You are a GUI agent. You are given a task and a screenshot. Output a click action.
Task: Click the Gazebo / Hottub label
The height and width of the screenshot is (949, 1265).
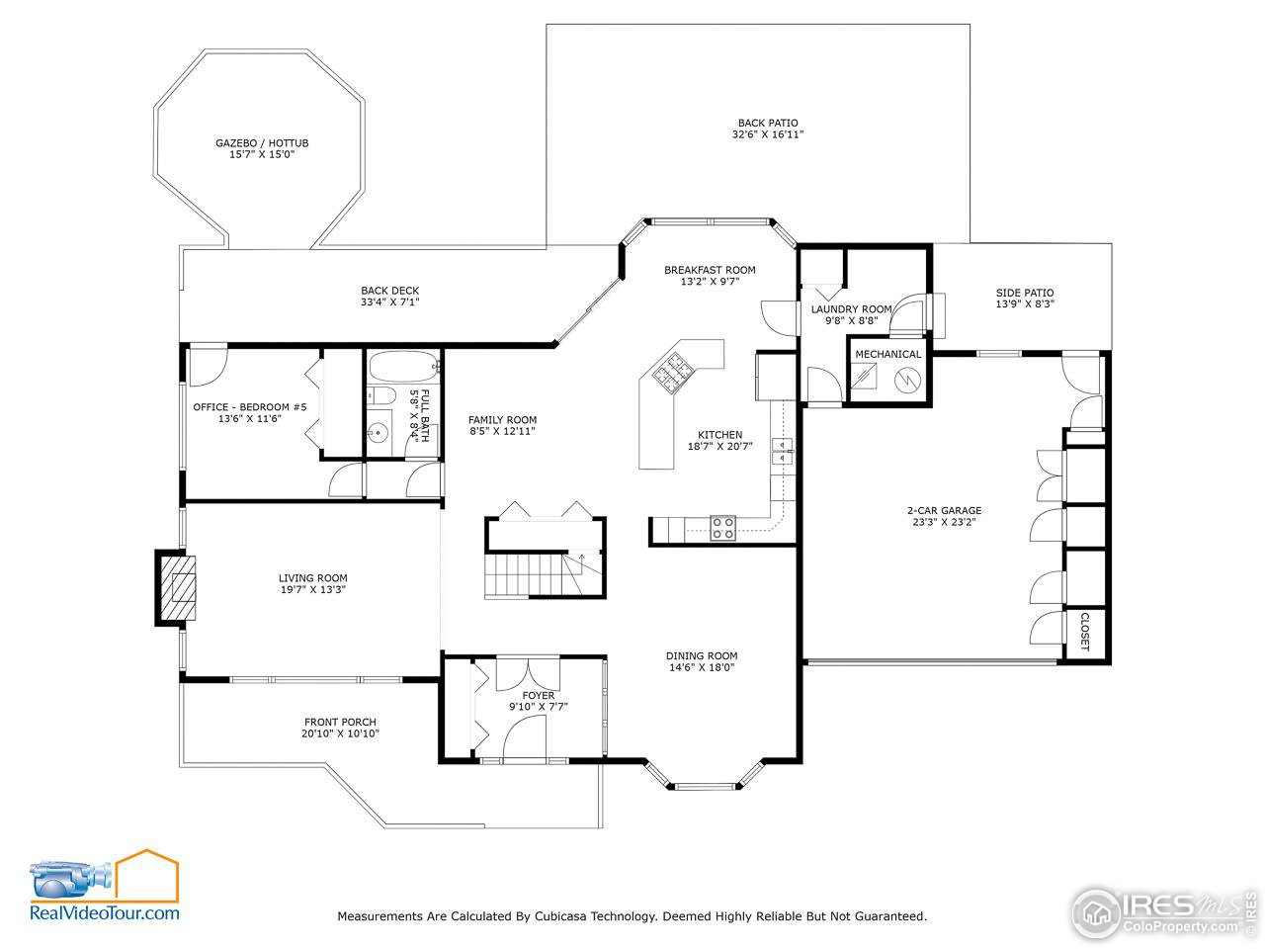pyautogui.click(x=262, y=143)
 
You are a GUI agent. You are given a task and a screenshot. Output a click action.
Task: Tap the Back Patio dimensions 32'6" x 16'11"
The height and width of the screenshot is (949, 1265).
pyautogui.click(x=767, y=134)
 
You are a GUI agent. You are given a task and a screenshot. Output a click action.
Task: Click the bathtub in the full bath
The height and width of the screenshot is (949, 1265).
pyautogui.click(x=402, y=368)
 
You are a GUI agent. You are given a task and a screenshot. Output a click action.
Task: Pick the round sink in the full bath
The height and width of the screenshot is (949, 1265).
pyautogui.click(x=377, y=432)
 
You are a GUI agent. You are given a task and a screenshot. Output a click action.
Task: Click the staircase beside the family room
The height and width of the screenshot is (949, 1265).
pyautogui.click(x=532, y=572)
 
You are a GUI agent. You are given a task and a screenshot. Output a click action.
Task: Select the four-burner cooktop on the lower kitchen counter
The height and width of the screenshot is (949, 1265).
pyautogui.click(x=723, y=528)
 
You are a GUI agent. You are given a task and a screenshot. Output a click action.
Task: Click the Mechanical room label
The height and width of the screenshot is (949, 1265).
pyautogui.click(x=887, y=354)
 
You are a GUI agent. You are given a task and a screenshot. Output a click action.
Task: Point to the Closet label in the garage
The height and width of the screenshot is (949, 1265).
pyautogui.click(x=1084, y=633)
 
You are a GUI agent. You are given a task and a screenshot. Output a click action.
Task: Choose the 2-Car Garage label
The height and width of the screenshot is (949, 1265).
pyautogui.click(x=944, y=511)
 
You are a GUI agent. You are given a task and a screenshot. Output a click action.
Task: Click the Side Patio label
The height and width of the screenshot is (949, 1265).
pyautogui.click(x=1025, y=293)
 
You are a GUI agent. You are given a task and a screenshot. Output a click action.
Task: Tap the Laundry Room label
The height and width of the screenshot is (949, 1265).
pyautogui.click(x=851, y=309)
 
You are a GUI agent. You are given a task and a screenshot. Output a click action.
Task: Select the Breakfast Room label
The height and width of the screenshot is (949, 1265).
pyautogui.click(x=710, y=270)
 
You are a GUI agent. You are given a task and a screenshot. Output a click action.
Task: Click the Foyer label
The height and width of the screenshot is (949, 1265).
pyautogui.click(x=539, y=696)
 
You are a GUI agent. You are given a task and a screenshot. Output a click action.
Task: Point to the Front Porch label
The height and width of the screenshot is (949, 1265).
pyautogui.click(x=340, y=723)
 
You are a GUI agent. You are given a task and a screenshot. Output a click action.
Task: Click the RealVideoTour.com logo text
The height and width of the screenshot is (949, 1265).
pyautogui.click(x=105, y=913)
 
